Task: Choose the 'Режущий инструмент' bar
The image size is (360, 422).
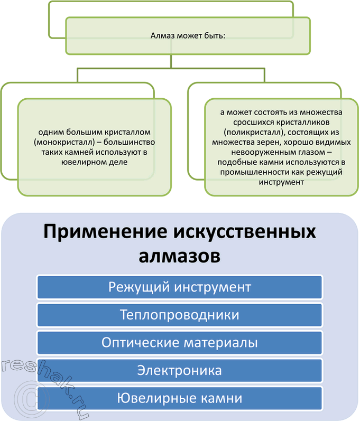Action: (x=180, y=287)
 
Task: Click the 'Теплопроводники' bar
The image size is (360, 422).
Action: (x=180, y=315)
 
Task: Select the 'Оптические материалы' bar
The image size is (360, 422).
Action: (x=180, y=343)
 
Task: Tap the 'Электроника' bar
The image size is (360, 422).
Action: (x=180, y=371)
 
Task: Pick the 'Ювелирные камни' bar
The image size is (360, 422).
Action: (x=180, y=398)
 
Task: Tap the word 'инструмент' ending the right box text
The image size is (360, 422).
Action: (x=282, y=182)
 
